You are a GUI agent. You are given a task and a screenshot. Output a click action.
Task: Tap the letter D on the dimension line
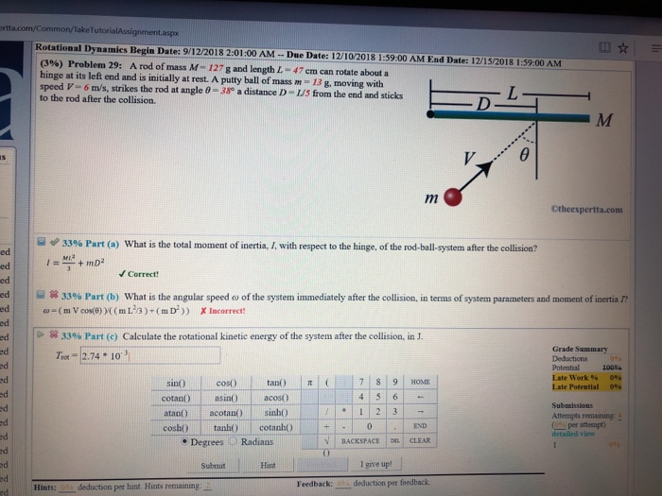click(484, 101)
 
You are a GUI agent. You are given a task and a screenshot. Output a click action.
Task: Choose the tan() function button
click(277, 381)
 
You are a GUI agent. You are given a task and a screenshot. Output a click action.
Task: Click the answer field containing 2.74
click(151, 355)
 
